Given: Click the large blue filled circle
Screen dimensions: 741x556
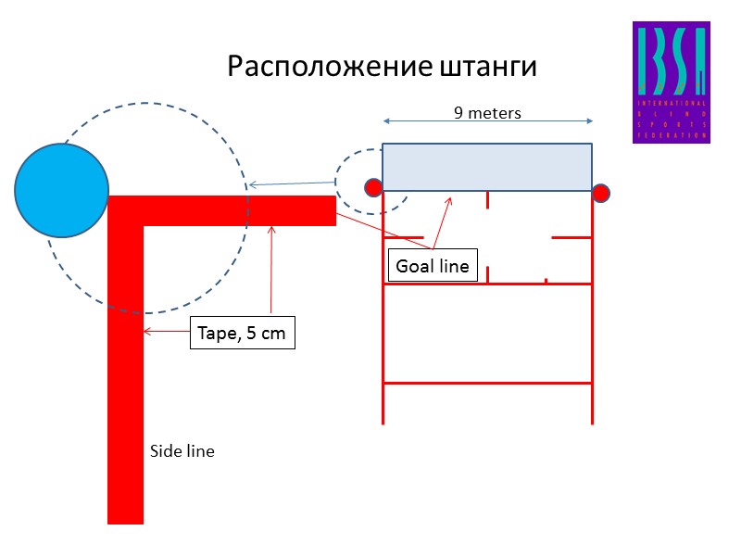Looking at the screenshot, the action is (62, 190).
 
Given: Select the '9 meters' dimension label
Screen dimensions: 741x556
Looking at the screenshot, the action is (487, 113).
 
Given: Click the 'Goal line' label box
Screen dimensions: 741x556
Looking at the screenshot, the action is (433, 267).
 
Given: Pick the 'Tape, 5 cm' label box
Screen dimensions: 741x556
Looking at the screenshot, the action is (243, 334).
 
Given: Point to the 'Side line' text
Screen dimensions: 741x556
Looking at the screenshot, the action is (182, 452).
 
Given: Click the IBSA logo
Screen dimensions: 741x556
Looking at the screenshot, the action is (671, 82).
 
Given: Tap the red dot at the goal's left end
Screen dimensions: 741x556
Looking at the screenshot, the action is (373, 188).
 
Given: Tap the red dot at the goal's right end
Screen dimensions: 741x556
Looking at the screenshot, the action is (600, 193).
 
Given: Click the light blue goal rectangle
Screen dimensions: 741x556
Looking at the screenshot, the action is (487, 167).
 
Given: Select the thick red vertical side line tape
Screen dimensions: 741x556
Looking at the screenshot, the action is (125, 389).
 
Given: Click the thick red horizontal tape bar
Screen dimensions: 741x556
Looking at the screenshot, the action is (232, 210).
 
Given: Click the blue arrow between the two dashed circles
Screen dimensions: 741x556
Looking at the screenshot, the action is (292, 184).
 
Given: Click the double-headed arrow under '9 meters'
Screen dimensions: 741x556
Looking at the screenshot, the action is (487, 121).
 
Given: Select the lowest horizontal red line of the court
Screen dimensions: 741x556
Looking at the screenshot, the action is (487, 382).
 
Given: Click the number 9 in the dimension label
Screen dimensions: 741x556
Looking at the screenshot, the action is (458, 113).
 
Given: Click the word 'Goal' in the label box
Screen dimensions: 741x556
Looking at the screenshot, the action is (414, 267).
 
